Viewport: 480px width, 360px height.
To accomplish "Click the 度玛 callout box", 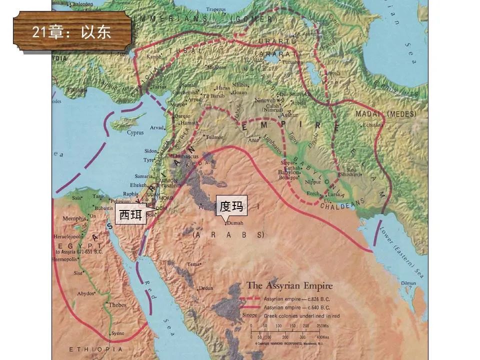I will coord(231,205).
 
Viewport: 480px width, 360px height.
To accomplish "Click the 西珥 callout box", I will coord(131,214).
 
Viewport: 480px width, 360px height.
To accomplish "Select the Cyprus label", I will coord(135,132).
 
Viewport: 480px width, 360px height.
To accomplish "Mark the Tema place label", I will coord(193,263).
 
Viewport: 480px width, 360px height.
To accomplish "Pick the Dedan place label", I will coord(205,288).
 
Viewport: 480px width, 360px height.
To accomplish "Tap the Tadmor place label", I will coord(214,136).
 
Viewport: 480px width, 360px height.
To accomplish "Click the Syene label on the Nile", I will coord(117,333).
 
